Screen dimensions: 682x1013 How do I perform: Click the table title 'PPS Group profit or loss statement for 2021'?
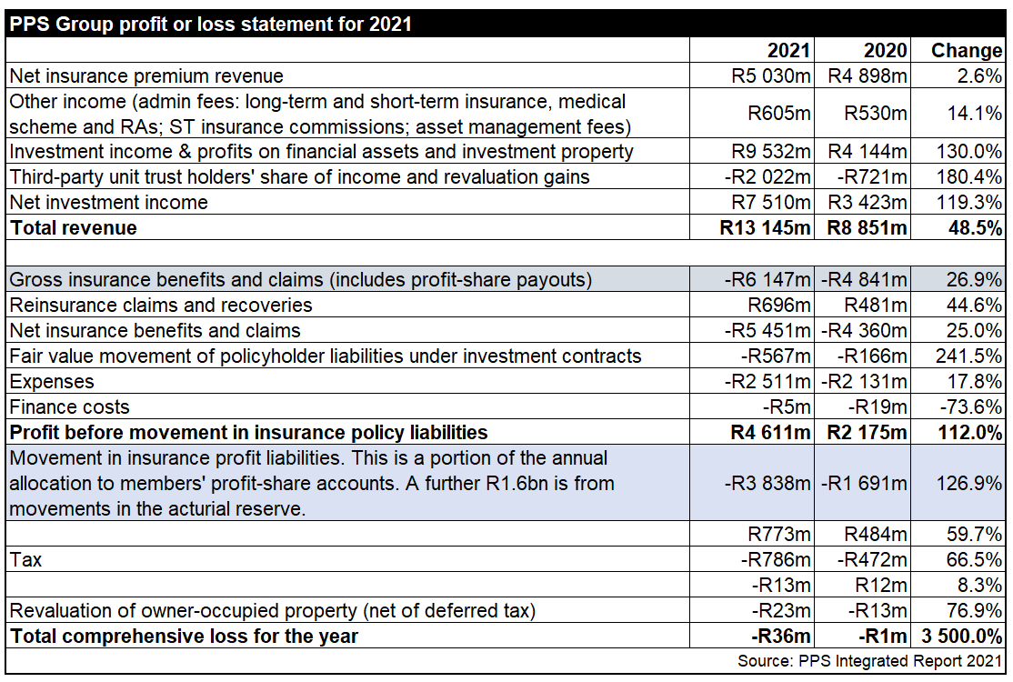coord(211,24)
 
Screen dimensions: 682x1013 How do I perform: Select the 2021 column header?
coord(787,51)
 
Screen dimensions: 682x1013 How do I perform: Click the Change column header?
coord(966,51)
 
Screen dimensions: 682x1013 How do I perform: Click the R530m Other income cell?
coord(876,114)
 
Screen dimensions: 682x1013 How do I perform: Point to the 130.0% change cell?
coord(969,152)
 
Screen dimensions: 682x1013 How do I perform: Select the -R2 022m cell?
coord(767,176)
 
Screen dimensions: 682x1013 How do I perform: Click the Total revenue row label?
coord(74,227)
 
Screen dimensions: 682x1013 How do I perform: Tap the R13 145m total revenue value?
coord(765,227)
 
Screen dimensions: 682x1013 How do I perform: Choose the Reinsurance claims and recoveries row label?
coord(161,306)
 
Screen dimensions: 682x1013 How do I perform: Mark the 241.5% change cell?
coord(969,356)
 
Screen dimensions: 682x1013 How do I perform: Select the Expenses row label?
coord(52,381)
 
